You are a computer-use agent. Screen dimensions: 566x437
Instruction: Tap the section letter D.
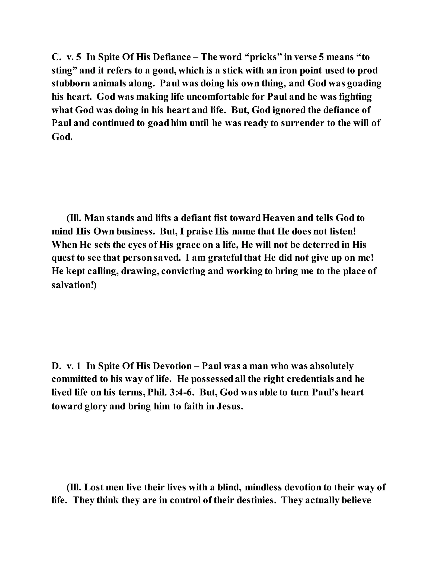click(56, 366)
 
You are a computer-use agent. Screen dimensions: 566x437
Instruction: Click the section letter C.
click(56, 57)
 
